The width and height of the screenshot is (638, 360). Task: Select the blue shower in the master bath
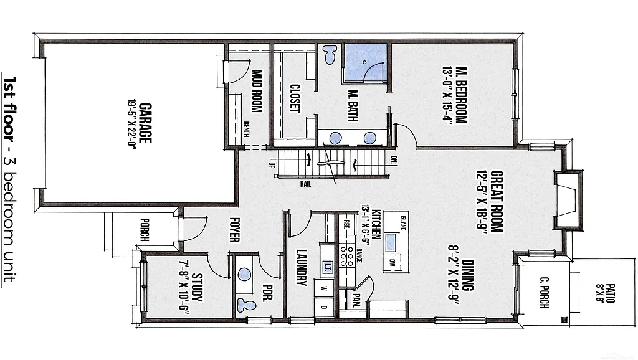(365, 62)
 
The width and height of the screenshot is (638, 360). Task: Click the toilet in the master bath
(330, 55)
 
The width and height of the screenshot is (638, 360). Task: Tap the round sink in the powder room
(245, 275)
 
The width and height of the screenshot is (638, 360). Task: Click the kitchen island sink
(391, 242)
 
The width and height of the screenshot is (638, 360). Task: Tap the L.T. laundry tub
(328, 268)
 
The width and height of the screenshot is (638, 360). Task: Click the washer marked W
(324, 288)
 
